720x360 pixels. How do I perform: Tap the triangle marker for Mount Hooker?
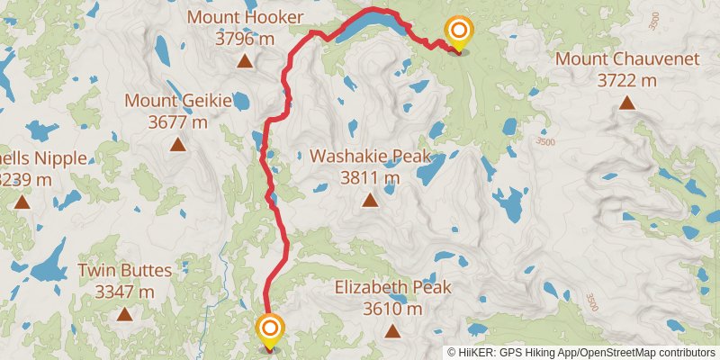coord(244,61)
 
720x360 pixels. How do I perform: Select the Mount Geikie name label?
coord(178,100)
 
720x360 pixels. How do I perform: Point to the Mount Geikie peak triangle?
coord(178,144)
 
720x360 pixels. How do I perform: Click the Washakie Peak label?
coord(369,156)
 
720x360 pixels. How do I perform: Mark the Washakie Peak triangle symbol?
coord(369,200)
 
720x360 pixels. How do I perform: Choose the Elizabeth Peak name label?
coord(392,288)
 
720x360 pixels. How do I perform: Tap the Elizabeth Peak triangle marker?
coord(392,331)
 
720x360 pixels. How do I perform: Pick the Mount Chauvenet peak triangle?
coord(626,103)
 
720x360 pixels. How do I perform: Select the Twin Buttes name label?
coord(123,270)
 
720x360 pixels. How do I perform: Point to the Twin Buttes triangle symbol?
coord(123,314)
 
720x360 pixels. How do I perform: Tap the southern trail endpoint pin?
coord(269,329)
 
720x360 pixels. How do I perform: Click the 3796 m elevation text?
coord(244,39)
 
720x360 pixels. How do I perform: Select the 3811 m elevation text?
coord(369,177)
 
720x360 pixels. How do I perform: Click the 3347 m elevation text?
coord(123,292)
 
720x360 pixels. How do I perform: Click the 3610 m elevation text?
coord(392,310)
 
